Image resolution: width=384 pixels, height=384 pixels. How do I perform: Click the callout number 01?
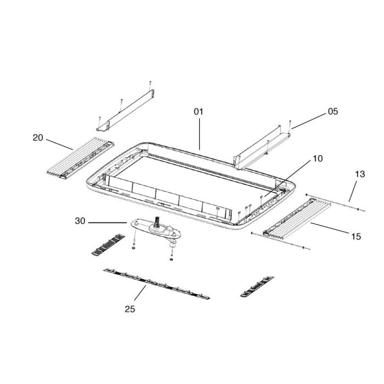(x=198, y=111)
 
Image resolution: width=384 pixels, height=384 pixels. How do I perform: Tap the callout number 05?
(x=333, y=111)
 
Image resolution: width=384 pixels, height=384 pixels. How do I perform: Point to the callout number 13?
(x=359, y=174)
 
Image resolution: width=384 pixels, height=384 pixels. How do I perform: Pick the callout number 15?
(x=355, y=236)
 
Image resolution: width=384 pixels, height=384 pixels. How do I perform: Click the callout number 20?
(x=38, y=138)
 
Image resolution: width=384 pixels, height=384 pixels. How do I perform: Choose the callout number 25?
(x=129, y=309)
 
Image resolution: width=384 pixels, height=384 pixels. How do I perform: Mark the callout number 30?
(x=80, y=221)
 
